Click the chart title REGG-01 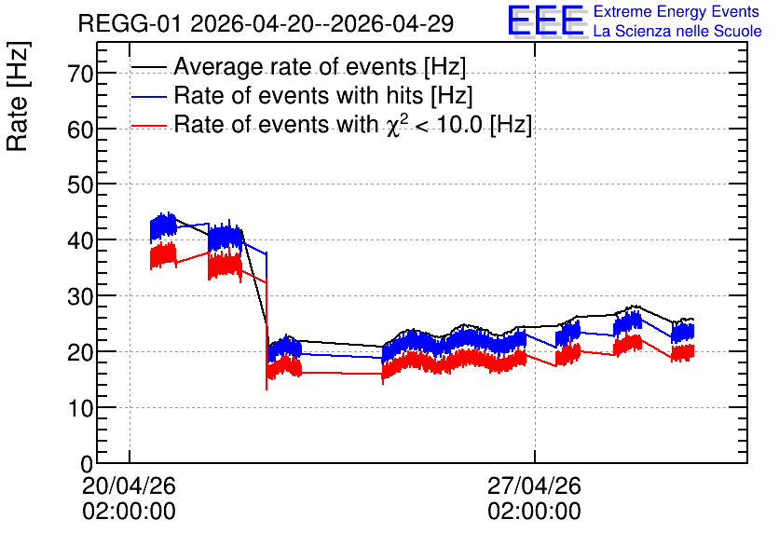[x=130, y=23]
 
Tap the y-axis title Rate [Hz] [x=18, y=96]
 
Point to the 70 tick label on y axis [x=80, y=74]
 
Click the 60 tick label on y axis [x=80, y=130]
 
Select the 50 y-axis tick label [x=80, y=184]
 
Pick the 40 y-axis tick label [x=80, y=240]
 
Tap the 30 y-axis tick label [x=80, y=296]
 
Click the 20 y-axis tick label [x=80, y=352]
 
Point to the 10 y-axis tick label [x=80, y=408]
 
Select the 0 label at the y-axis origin [x=87, y=464]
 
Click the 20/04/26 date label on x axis [x=130, y=485]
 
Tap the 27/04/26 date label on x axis [x=534, y=485]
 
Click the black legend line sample [x=149, y=67]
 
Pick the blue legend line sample [x=149, y=96]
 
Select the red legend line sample [x=149, y=126]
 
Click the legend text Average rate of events [x=295, y=66]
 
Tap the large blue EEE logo [x=546, y=21]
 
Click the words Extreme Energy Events [x=676, y=11]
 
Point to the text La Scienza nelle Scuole [x=677, y=32]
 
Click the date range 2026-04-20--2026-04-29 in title [x=321, y=23]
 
